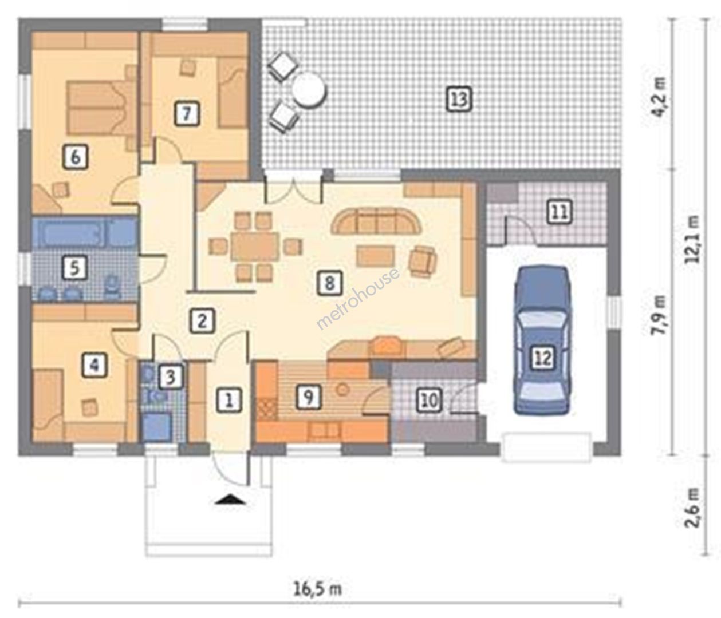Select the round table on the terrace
pyautogui.click(x=310, y=89)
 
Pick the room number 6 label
pyautogui.click(x=75, y=157)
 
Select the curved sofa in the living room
pyautogui.click(x=376, y=221)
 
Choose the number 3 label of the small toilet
pyautogui.click(x=171, y=377)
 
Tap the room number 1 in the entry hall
pyautogui.click(x=229, y=399)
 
